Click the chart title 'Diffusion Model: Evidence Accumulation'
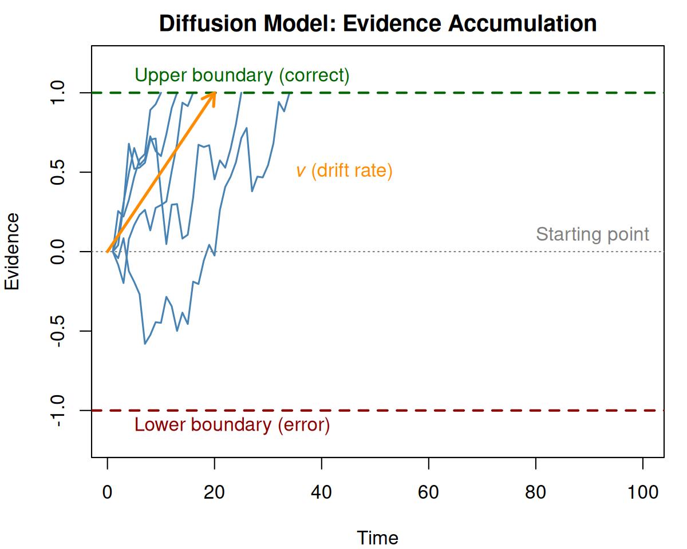(378, 24)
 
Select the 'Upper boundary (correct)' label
(242, 75)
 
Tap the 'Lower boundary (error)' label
(232, 425)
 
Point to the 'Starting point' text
(593, 234)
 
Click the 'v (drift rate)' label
(344, 171)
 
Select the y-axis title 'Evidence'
(12, 252)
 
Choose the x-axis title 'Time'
(377, 538)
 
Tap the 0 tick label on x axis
(108, 492)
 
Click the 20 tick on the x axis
(215, 492)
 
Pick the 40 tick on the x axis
(322, 492)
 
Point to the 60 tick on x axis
(429, 492)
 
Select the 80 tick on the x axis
(536, 492)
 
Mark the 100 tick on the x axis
(643, 492)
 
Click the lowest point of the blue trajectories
(145, 344)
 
